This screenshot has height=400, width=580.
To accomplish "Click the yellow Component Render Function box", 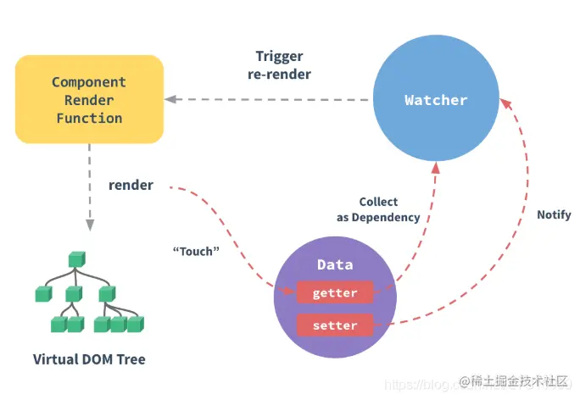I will coord(89,99).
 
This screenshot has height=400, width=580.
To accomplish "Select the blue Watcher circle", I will coord(436,100).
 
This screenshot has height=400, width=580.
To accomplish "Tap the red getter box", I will coord(335,293).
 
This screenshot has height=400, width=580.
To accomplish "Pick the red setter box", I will coord(335,325).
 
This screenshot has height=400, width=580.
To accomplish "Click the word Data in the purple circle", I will coord(335,264).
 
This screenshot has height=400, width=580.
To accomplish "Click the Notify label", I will coord(554,214).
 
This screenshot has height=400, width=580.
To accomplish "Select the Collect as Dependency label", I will coord(377,209).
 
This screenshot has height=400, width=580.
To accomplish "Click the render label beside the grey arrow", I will coord(131,185).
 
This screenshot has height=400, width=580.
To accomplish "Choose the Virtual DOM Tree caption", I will coord(89,359).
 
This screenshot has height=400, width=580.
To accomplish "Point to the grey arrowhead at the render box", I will coord(170,99).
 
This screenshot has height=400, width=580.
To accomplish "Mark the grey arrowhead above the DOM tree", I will coord(88,225).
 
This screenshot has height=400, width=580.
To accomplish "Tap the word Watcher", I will coord(436,100).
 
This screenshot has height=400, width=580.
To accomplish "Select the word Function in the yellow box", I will coord(89,118).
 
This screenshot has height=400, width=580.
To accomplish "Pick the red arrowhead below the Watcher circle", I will coord(436,169).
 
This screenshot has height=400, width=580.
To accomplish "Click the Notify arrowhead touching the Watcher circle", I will coord(506,103).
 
